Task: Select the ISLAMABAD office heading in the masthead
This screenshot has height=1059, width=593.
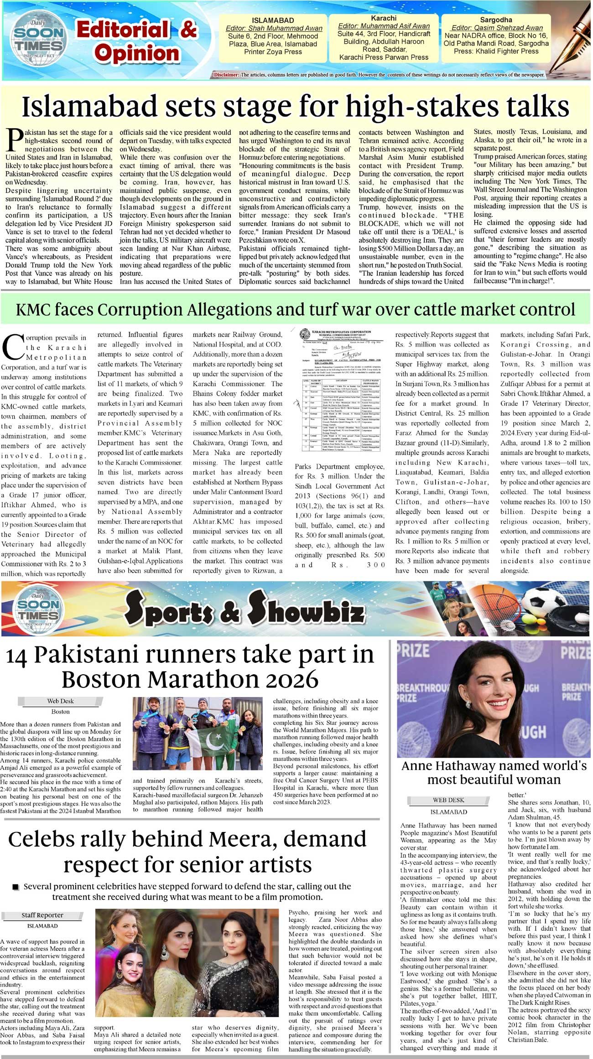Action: click(x=273, y=21)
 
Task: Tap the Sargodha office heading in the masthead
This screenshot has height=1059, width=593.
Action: click(x=496, y=20)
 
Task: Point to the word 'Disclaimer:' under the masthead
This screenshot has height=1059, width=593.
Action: click(x=226, y=75)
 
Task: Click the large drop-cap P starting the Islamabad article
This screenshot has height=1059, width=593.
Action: click(x=15, y=140)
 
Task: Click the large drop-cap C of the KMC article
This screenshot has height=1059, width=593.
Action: click(x=13, y=346)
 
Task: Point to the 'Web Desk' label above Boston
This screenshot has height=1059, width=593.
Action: click(x=60, y=701)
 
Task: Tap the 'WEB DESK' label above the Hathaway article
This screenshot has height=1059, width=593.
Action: click(x=448, y=800)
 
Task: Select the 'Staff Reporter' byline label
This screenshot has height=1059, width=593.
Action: click(x=42, y=915)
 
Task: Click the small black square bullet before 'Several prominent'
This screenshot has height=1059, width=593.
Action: click(x=16, y=887)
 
